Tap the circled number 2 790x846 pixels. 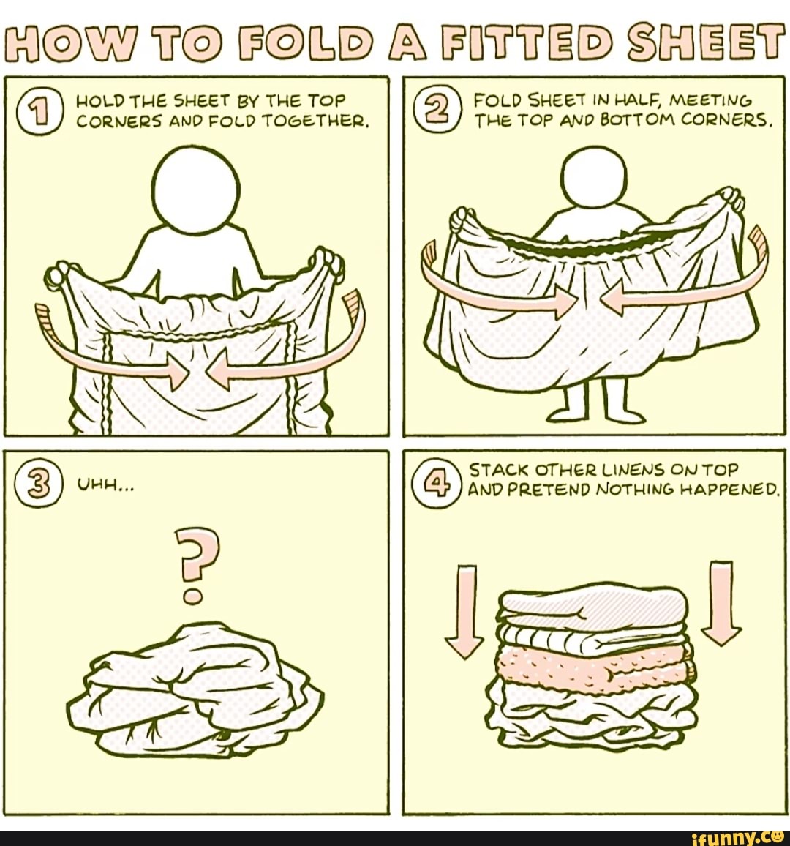pos(429,108)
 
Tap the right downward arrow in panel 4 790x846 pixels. pos(721,603)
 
